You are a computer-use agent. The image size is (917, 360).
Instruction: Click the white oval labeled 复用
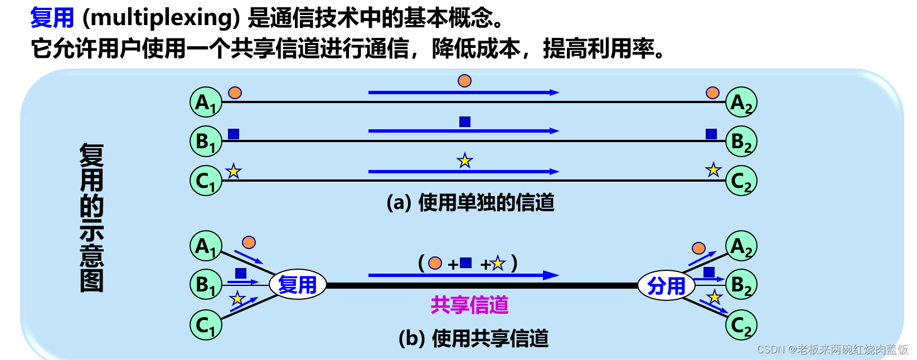click(297, 285)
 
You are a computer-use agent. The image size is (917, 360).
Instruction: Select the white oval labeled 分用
click(666, 286)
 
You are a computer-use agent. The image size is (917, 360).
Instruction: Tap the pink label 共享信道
click(469, 305)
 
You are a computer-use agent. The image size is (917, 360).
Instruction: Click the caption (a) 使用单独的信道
click(470, 202)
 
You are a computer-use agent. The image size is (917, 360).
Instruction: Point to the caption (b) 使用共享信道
click(473, 338)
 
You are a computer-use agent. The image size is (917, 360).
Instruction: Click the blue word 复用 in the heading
click(52, 17)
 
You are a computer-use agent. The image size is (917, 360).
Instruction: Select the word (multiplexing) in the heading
click(161, 18)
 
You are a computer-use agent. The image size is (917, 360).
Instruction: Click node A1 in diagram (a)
click(206, 102)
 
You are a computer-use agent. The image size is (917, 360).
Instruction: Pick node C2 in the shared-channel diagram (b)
click(741, 325)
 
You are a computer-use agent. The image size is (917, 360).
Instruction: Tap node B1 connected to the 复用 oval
click(206, 285)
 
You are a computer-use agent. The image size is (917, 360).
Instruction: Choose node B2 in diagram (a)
click(741, 142)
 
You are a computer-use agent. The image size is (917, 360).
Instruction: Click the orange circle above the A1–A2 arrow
click(464, 81)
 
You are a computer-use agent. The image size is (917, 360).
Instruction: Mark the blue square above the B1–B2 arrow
click(464, 121)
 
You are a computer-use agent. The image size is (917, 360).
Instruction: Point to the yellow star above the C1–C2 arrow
click(464, 161)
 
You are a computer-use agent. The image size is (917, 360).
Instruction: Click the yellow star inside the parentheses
click(498, 263)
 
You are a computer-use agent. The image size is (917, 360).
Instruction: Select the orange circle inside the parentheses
click(435, 263)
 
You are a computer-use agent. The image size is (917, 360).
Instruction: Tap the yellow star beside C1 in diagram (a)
click(234, 171)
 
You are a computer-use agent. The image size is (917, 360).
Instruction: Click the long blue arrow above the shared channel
click(463, 275)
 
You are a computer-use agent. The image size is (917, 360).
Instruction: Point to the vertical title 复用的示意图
click(91, 217)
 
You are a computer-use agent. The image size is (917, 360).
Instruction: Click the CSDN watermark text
click(832, 349)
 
